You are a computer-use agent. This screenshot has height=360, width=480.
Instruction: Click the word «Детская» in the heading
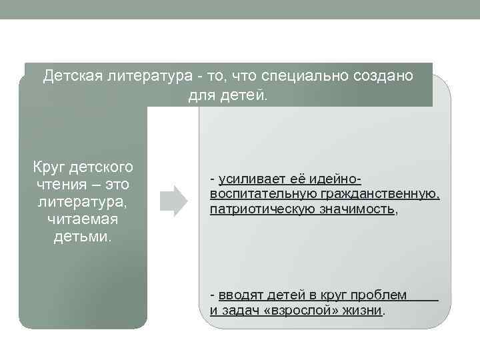[x=70, y=76]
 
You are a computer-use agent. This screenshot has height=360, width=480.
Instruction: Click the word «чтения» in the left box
[x=61, y=184]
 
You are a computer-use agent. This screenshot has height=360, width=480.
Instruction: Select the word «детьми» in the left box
[x=83, y=237]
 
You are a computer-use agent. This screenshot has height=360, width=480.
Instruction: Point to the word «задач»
[x=244, y=310]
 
